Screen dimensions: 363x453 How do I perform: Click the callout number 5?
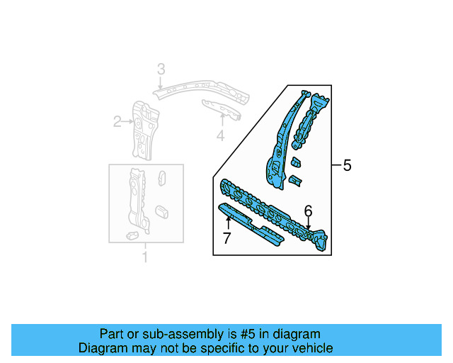coord(347,166)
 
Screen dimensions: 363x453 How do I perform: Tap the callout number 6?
coord(308,211)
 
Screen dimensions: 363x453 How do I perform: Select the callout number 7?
coord(226,239)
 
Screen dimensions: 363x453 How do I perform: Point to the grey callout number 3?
coord(161,69)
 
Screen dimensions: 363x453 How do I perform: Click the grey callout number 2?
coord(117,122)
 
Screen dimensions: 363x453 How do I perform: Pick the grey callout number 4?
coord(220,135)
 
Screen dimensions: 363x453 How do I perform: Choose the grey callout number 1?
coord(145,257)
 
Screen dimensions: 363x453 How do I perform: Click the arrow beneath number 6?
coord(308,223)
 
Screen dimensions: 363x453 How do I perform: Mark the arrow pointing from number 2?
coord(129,122)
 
